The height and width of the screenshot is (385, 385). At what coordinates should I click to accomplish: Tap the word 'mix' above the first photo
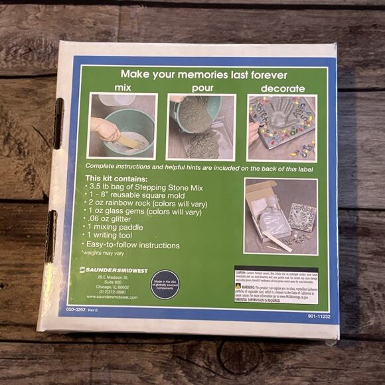(122, 88)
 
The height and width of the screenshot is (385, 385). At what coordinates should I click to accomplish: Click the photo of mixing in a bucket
(123, 125)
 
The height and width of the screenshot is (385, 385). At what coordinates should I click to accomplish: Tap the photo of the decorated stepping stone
(281, 127)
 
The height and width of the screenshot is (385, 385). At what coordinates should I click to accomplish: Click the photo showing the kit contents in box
(280, 216)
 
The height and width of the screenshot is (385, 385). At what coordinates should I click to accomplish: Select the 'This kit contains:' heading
(116, 179)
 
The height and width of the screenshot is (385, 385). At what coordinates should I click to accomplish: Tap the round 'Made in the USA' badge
(164, 283)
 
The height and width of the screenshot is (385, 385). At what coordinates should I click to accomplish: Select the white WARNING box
(275, 285)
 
